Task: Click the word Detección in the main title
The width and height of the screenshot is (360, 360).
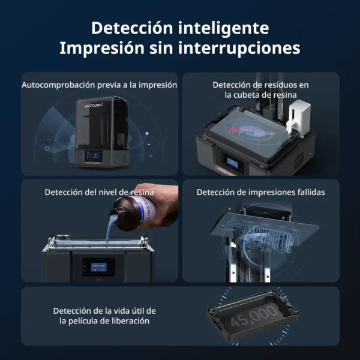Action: point(132,28)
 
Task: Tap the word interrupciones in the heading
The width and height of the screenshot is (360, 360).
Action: point(239,48)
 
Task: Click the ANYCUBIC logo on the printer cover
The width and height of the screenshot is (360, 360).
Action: point(94,106)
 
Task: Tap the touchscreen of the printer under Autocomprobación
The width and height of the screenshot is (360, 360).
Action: point(93,155)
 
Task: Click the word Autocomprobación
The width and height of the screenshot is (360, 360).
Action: point(58,85)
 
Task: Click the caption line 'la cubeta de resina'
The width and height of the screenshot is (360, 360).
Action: point(260,95)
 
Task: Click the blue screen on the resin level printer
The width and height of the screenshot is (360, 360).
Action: point(99,267)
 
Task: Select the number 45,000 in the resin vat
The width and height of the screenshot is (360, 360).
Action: point(254,315)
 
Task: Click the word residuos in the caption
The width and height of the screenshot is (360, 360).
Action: point(280,85)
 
